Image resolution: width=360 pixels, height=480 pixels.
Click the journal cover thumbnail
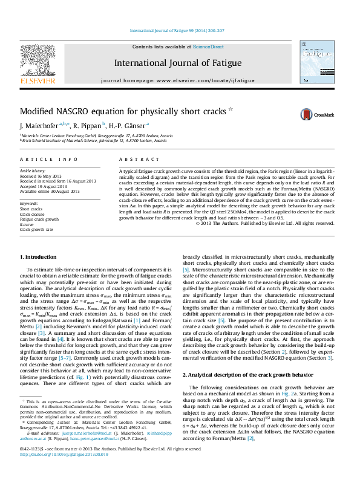(x=316, y=62)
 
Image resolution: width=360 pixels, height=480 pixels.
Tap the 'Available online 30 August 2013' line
(x=50, y=190)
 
